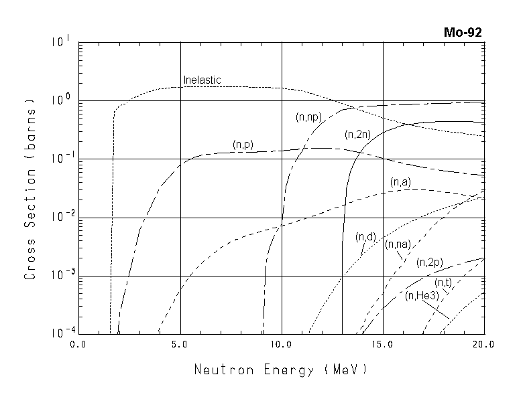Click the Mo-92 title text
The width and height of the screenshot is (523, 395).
click(x=463, y=32)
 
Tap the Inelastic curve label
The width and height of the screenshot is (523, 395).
click(x=202, y=80)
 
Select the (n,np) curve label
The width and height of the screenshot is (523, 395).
click(x=308, y=117)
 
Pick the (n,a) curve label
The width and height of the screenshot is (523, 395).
click(x=400, y=181)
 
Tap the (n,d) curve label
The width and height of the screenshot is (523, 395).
click(x=365, y=236)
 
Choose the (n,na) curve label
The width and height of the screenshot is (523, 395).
click(x=398, y=244)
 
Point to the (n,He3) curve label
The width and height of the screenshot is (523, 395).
click(x=420, y=295)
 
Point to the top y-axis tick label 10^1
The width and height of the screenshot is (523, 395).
click(x=60, y=42)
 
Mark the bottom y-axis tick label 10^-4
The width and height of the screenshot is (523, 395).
click(x=59, y=333)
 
